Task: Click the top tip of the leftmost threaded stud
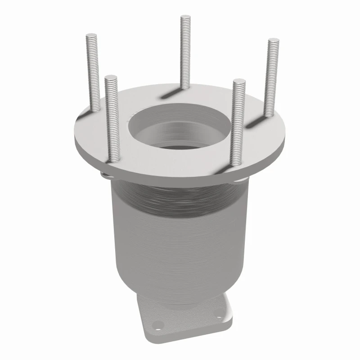coord(92,36)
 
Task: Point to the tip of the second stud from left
coord(111,77)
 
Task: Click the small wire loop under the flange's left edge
coord(105,175)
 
